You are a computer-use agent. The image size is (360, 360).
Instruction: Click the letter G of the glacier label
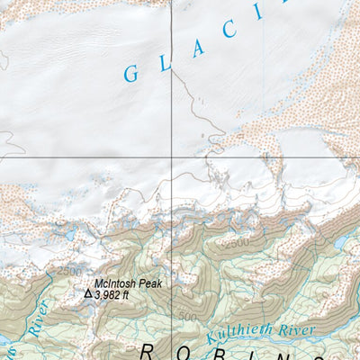pos(130,74)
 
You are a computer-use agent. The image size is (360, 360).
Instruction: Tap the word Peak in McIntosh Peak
pos(149,283)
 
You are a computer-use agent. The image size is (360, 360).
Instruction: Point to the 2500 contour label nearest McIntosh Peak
pos(67,270)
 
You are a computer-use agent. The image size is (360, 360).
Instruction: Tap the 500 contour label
pos(186,317)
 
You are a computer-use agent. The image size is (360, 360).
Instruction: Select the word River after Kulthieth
pos(298,330)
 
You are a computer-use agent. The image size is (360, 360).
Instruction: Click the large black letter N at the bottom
pos(310,352)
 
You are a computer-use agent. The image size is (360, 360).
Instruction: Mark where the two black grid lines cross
pos(173,157)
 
